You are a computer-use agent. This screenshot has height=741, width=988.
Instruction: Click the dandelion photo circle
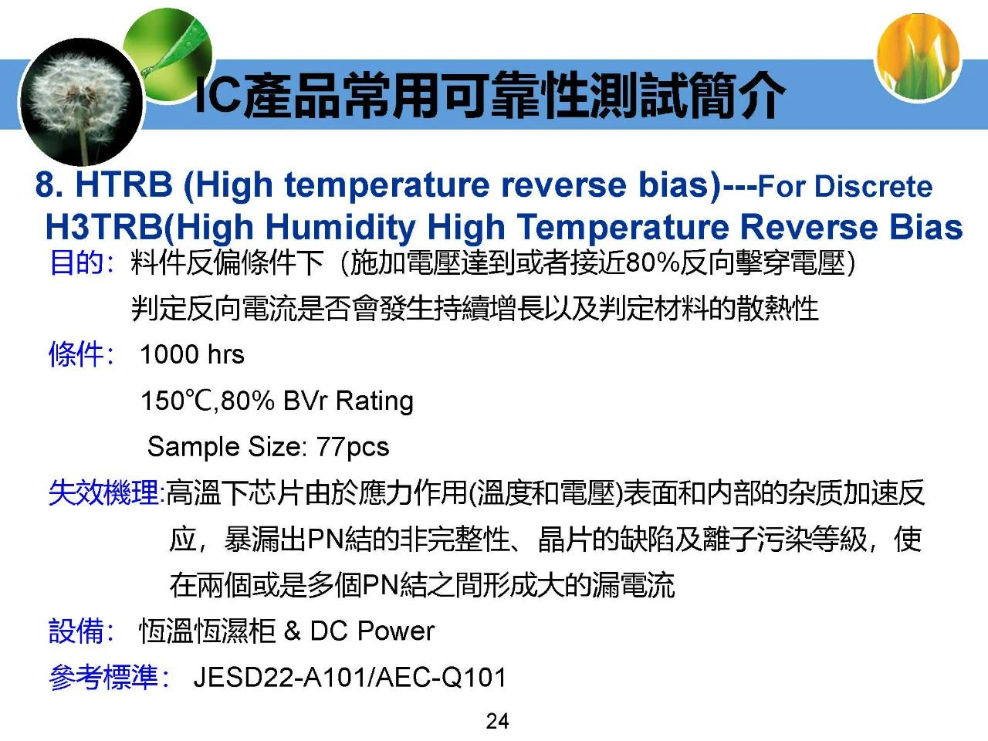click(x=82, y=102)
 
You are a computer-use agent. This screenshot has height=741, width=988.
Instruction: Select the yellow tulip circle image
click(x=919, y=57)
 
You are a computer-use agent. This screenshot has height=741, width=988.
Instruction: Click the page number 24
click(x=497, y=721)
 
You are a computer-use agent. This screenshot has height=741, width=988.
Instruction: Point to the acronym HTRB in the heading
click(x=123, y=184)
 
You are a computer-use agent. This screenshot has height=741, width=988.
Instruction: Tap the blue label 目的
click(x=76, y=262)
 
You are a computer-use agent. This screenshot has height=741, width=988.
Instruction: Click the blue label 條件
click(x=76, y=354)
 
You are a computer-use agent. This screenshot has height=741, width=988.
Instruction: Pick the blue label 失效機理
click(x=103, y=492)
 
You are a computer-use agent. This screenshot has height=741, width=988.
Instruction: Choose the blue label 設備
click(x=76, y=631)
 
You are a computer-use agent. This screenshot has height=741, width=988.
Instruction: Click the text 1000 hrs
click(x=192, y=354)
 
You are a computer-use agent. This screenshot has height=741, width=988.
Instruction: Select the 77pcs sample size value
click(x=353, y=447)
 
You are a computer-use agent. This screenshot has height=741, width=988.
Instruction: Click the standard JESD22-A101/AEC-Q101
click(x=350, y=678)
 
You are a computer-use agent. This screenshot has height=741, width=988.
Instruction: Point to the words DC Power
click(x=372, y=631)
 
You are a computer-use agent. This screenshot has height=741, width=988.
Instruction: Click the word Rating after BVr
click(x=374, y=401)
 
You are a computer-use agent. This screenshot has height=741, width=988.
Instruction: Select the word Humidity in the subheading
click(x=340, y=227)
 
